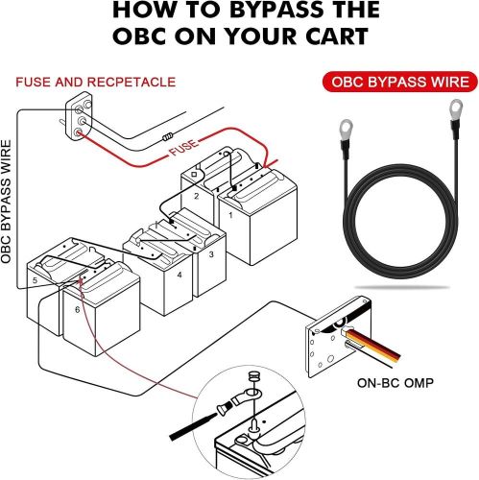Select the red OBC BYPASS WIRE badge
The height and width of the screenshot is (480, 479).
(x=400, y=82)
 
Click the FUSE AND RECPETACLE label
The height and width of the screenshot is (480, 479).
(x=96, y=83)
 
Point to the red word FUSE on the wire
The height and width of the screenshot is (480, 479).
(x=183, y=147)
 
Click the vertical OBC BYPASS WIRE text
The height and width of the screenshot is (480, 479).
(x=6, y=202)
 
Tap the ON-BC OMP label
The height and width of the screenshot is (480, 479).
(x=395, y=383)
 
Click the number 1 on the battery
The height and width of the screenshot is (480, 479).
(x=230, y=215)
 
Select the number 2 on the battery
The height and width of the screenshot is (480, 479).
(x=197, y=196)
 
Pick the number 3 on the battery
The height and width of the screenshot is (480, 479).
(x=211, y=254)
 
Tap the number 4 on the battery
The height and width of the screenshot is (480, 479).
(x=180, y=275)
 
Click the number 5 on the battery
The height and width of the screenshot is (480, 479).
(x=35, y=280)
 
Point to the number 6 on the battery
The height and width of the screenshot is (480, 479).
(x=78, y=309)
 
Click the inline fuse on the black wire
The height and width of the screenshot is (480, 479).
(x=167, y=137)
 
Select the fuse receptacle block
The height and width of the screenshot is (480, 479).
(x=79, y=117)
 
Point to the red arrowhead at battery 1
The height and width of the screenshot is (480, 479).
(x=270, y=164)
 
